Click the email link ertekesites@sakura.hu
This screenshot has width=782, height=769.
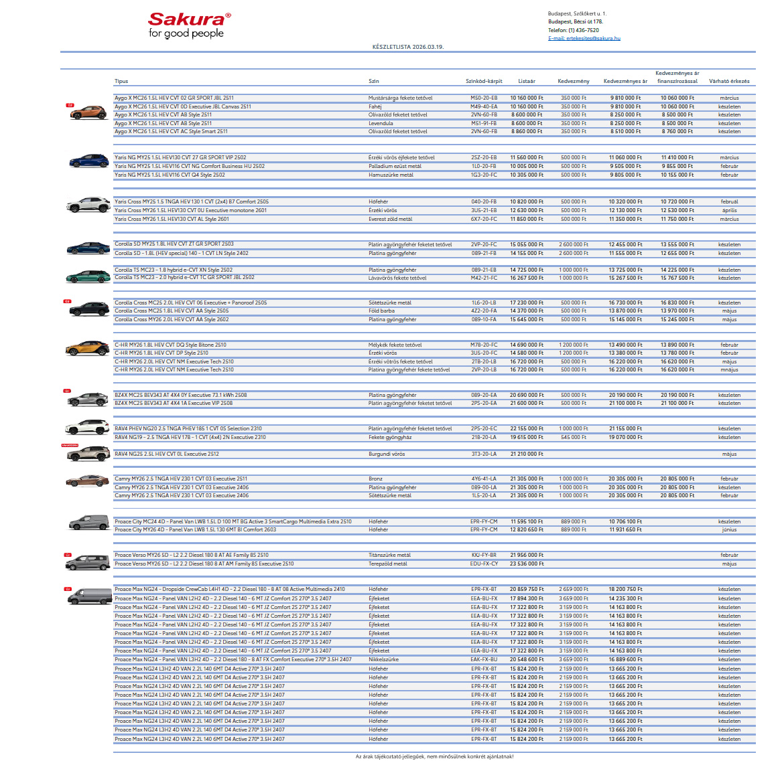pos(584,38)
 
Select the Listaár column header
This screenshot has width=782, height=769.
pos(527,81)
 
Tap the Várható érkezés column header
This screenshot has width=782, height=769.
pos(729,81)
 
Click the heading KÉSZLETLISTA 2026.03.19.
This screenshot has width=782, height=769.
pos(408,47)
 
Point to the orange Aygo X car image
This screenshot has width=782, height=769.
pos(88,112)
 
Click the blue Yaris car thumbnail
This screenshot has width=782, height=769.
pos(88,161)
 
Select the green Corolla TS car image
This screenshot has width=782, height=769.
pos(88,275)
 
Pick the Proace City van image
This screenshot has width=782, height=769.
pos(88,522)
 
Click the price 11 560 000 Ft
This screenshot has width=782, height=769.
pos(526,158)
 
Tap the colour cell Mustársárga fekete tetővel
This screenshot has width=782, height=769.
pos(400,98)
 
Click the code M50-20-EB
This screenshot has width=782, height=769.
pos(484,98)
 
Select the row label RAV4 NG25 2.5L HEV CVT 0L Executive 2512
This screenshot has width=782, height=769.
pos(166,454)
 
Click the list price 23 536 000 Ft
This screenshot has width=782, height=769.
pos(526,564)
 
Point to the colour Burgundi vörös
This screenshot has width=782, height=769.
pos(387,454)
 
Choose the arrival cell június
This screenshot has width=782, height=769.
pos(729,529)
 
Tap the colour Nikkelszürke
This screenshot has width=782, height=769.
pos(383,659)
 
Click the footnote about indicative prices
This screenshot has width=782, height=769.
pos(434,756)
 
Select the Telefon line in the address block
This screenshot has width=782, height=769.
pos(573,30)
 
